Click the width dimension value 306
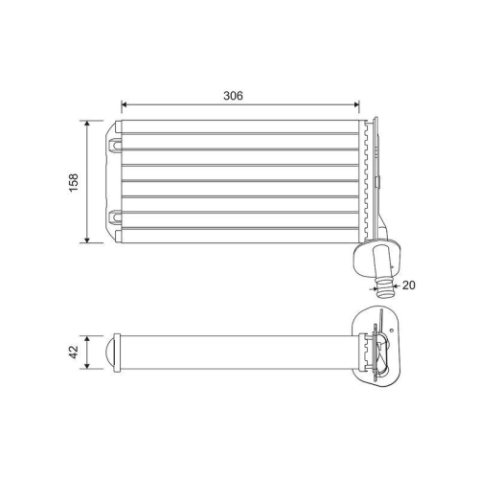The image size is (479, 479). tap(233, 96)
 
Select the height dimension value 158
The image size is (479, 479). tap(74, 181)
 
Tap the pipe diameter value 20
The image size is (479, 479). tap(410, 285)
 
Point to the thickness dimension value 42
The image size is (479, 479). tap(75, 352)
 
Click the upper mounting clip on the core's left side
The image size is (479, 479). tap(116, 145)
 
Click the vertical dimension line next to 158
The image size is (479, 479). tap(89, 181)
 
